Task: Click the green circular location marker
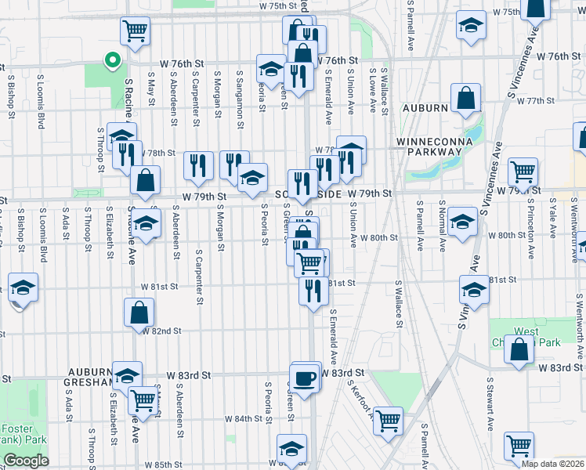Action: tap(112, 58)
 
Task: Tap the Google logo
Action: tap(26, 461)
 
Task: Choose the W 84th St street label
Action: tap(246, 419)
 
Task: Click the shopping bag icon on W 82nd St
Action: tap(139, 313)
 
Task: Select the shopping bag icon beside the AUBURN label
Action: tap(465, 99)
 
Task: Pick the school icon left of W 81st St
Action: tap(24, 287)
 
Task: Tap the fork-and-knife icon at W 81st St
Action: tap(313, 291)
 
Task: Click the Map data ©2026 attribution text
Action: tap(553, 464)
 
